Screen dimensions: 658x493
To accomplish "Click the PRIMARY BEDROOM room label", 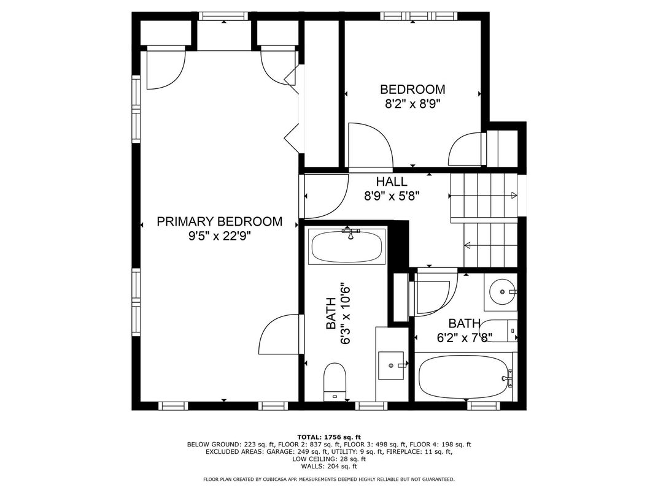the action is [x=220, y=221].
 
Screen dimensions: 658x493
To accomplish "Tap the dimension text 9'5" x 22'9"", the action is [x=220, y=237].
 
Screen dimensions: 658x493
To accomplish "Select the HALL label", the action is [x=392, y=182].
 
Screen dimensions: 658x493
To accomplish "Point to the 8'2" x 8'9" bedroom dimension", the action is [x=412, y=104].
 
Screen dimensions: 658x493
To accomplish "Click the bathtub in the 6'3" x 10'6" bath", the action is [x=347, y=246].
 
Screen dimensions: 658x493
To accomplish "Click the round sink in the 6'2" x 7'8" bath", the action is [x=501, y=291].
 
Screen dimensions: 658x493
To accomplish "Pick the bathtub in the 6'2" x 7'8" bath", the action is [x=463, y=375].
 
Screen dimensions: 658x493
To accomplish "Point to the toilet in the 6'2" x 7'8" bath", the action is [x=499, y=331].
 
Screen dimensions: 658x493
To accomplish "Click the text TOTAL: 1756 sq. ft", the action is [x=329, y=437].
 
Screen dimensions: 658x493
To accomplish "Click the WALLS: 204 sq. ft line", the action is [x=329, y=466].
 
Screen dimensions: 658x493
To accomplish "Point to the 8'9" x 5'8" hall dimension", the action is [x=392, y=196].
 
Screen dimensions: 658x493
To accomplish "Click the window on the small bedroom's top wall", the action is [x=419, y=17].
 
